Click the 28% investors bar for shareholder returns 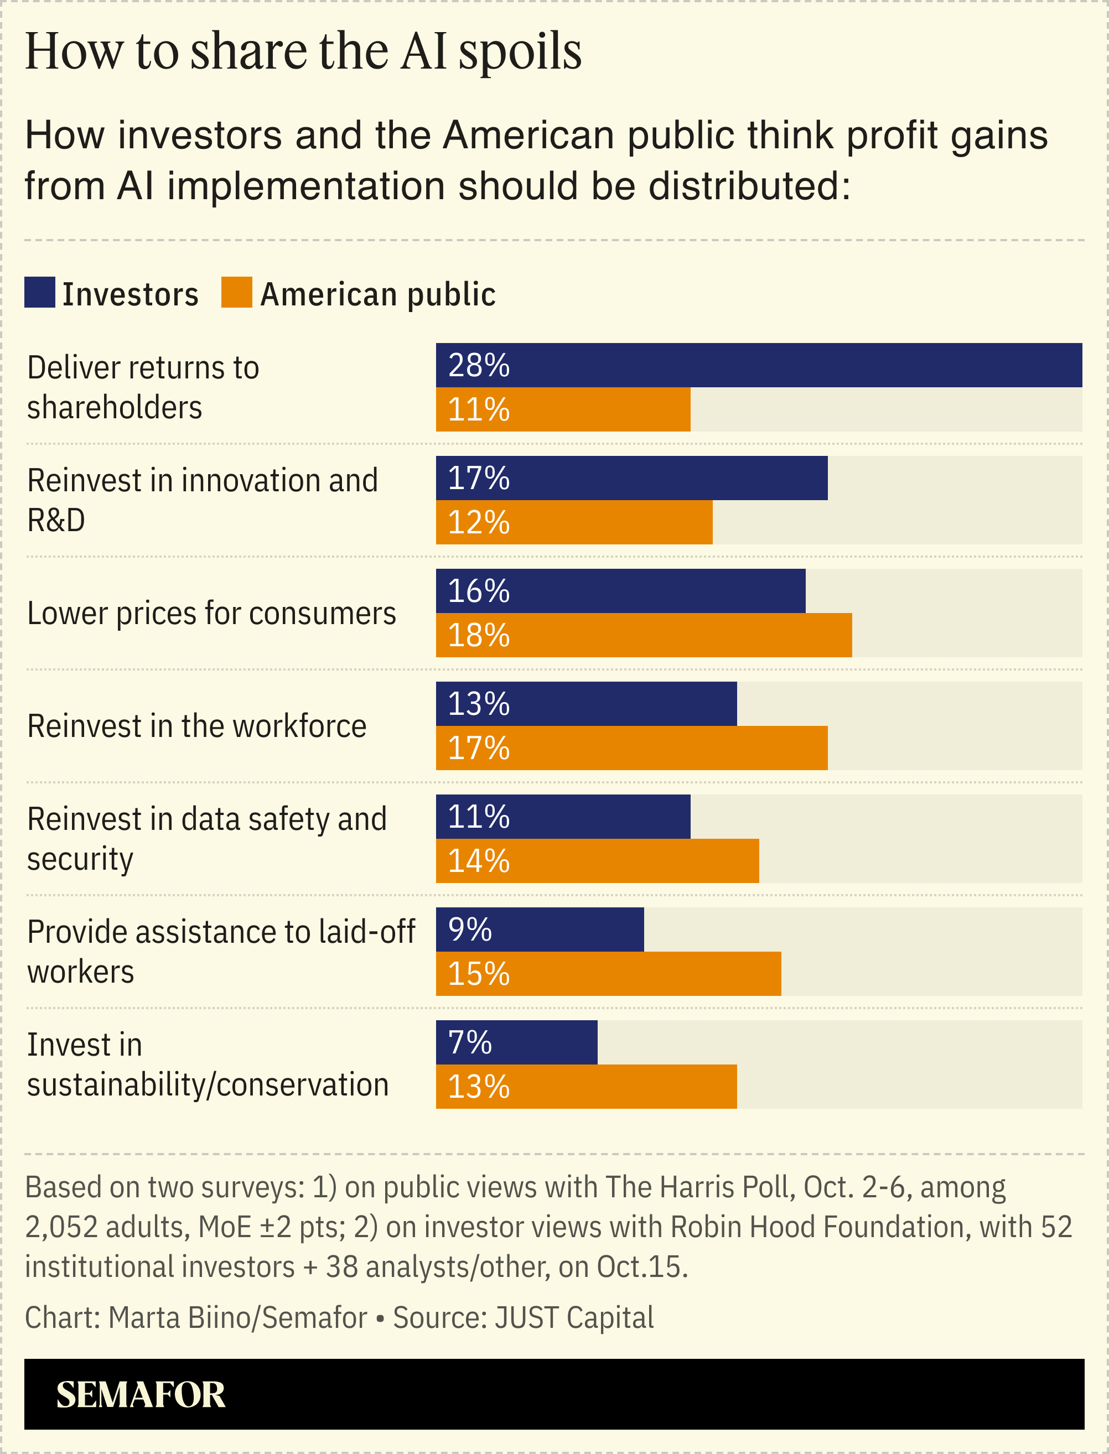759,365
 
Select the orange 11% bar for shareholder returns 563,409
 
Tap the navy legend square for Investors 40,292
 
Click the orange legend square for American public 236,292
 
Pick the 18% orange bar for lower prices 644,635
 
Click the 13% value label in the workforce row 479,704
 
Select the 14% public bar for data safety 598,861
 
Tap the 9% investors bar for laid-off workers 540,929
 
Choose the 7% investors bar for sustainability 516,1042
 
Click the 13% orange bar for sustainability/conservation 586,1087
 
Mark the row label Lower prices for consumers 211,613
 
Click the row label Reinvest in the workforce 196,726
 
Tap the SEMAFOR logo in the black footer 141,1395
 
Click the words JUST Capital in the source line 574,1317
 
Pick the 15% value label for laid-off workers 479,974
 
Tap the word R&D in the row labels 56,520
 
